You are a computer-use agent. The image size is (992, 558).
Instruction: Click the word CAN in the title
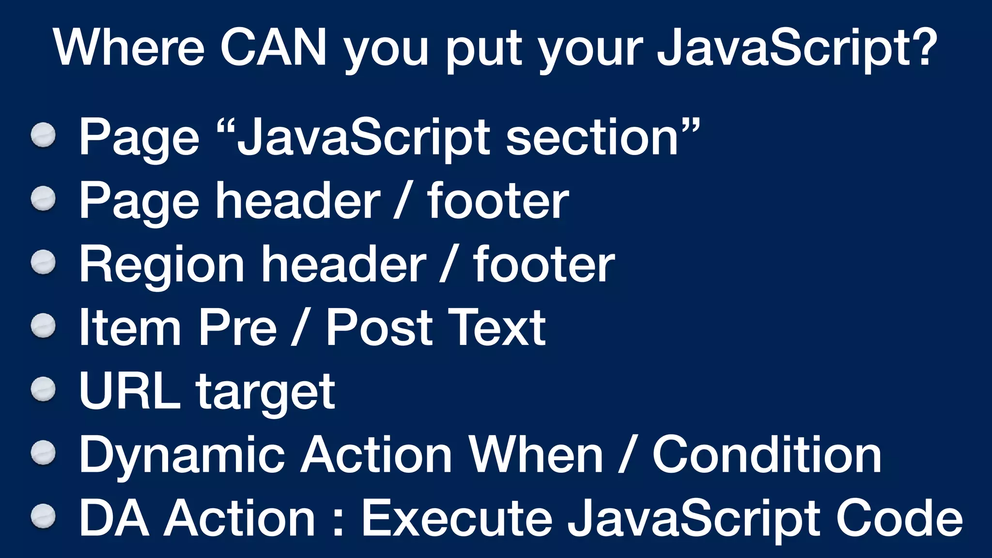coord(274,47)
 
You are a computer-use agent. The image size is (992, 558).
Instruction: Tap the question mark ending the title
coord(923,47)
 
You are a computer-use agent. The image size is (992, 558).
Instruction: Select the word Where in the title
coord(129,47)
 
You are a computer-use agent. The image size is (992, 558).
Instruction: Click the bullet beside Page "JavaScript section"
coord(44,135)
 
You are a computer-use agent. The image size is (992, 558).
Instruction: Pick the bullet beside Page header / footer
coord(44,199)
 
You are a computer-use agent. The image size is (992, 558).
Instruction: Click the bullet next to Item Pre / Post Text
coord(44,325)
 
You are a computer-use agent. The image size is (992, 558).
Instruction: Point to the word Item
coord(130,328)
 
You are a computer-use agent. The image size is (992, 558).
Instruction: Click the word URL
coord(129,391)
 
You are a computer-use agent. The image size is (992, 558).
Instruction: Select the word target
coord(265,393)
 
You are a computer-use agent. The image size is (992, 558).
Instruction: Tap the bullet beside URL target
coord(44,389)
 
